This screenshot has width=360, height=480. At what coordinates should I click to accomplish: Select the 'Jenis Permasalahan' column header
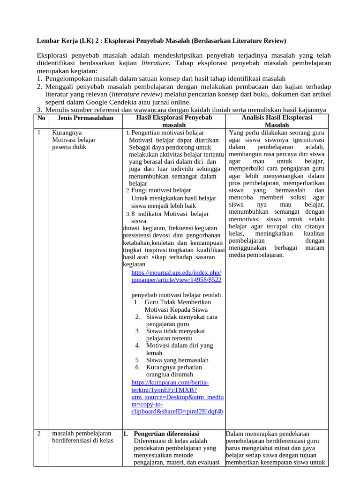[x=82, y=118]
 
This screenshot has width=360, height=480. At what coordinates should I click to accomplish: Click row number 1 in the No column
[x=39, y=132]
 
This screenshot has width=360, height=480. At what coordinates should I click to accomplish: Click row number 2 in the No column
[x=39, y=433]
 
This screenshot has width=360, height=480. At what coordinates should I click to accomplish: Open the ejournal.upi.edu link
[x=176, y=276]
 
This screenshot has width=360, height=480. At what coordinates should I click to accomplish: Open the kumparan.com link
[x=177, y=397]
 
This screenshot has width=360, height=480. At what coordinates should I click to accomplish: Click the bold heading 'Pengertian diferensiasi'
[x=166, y=433]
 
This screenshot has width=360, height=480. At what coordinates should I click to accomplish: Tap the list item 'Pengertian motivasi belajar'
[x=167, y=133]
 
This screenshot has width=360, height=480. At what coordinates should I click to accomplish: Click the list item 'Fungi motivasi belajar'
[x=161, y=190]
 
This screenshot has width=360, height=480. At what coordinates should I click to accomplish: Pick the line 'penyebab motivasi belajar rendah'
[x=176, y=295]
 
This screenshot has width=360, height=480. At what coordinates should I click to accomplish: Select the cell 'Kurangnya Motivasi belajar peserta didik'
[x=74, y=140]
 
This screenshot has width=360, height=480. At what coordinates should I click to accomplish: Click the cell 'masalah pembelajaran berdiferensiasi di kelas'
[x=82, y=437]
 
